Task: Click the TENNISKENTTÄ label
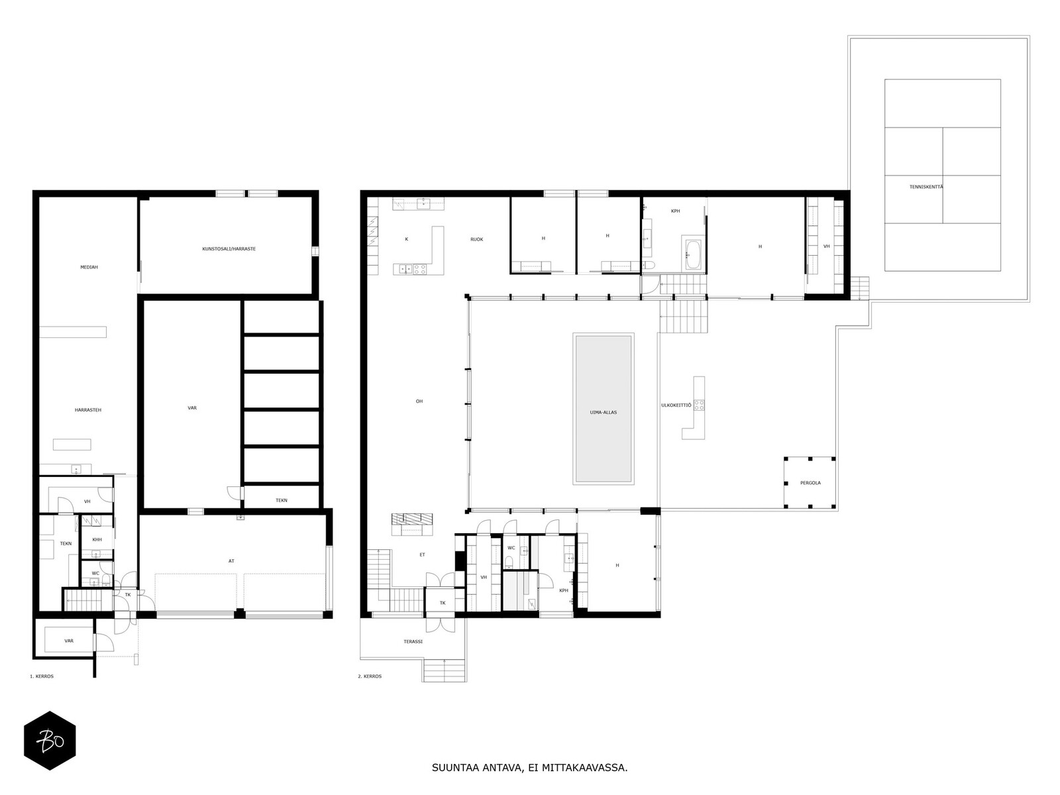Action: [x=926, y=187]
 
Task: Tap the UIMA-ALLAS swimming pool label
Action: [x=603, y=412]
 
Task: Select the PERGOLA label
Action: [x=810, y=483]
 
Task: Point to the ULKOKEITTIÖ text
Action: [x=676, y=405]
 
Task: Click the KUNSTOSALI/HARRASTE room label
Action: [x=229, y=249]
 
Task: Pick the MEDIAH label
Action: [x=89, y=267]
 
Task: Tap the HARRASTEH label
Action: [x=87, y=410]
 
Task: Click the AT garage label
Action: [x=231, y=561]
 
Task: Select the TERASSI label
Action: [x=413, y=641]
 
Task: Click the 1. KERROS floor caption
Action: [x=41, y=676]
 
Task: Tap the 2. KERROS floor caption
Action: [x=370, y=676]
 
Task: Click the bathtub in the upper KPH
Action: [x=693, y=254]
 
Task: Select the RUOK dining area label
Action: [x=476, y=239]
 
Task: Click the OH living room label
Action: [x=419, y=401]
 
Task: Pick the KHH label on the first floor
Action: [x=97, y=539]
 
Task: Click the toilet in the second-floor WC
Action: [x=509, y=562]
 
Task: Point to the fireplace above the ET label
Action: [x=412, y=524]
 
